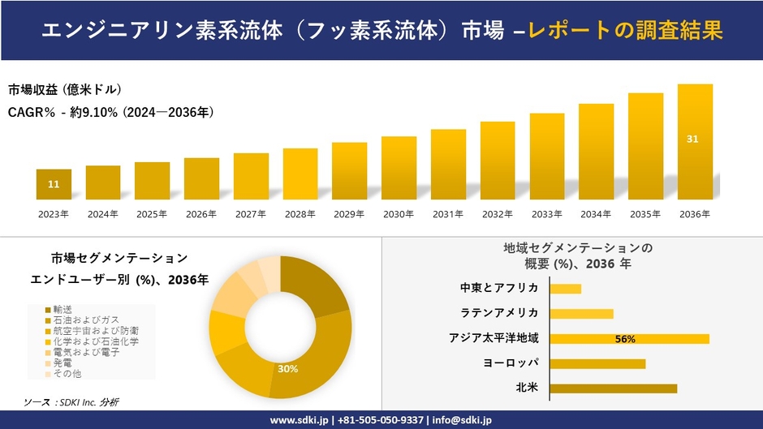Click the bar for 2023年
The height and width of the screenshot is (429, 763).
(54, 184)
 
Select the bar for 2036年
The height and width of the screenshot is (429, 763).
(695, 142)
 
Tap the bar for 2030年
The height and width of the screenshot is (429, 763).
(399, 168)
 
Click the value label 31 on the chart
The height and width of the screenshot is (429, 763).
(692, 139)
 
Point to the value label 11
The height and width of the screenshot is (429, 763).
(54, 185)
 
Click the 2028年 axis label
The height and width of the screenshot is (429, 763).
(300, 214)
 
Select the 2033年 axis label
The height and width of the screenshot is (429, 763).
(546, 214)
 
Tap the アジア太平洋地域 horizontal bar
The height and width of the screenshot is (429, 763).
(629, 338)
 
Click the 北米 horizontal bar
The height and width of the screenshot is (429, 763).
(613, 388)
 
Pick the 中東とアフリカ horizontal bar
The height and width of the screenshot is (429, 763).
(565, 289)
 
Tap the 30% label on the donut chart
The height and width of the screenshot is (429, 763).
(287, 369)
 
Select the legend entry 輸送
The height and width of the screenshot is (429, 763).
(63, 310)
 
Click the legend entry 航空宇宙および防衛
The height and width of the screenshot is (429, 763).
(95, 331)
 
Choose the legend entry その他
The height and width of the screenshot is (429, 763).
(67, 374)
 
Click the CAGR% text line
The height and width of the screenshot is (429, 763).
(111, 112)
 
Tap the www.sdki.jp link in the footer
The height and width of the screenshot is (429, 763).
(298, 420)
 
